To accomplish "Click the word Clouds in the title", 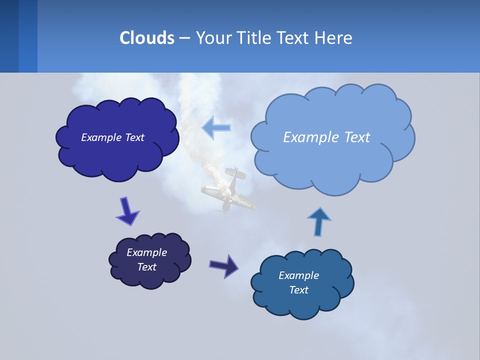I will (147, 37).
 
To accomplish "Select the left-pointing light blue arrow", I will (216, 127).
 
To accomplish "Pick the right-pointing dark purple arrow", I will (224, 266).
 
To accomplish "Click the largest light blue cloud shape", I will (332, 137).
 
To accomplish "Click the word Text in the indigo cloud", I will (134, 137).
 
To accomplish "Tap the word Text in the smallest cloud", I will (146, 267).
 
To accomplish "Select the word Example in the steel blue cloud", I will (298, 275).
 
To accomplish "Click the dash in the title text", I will (184, 37).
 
